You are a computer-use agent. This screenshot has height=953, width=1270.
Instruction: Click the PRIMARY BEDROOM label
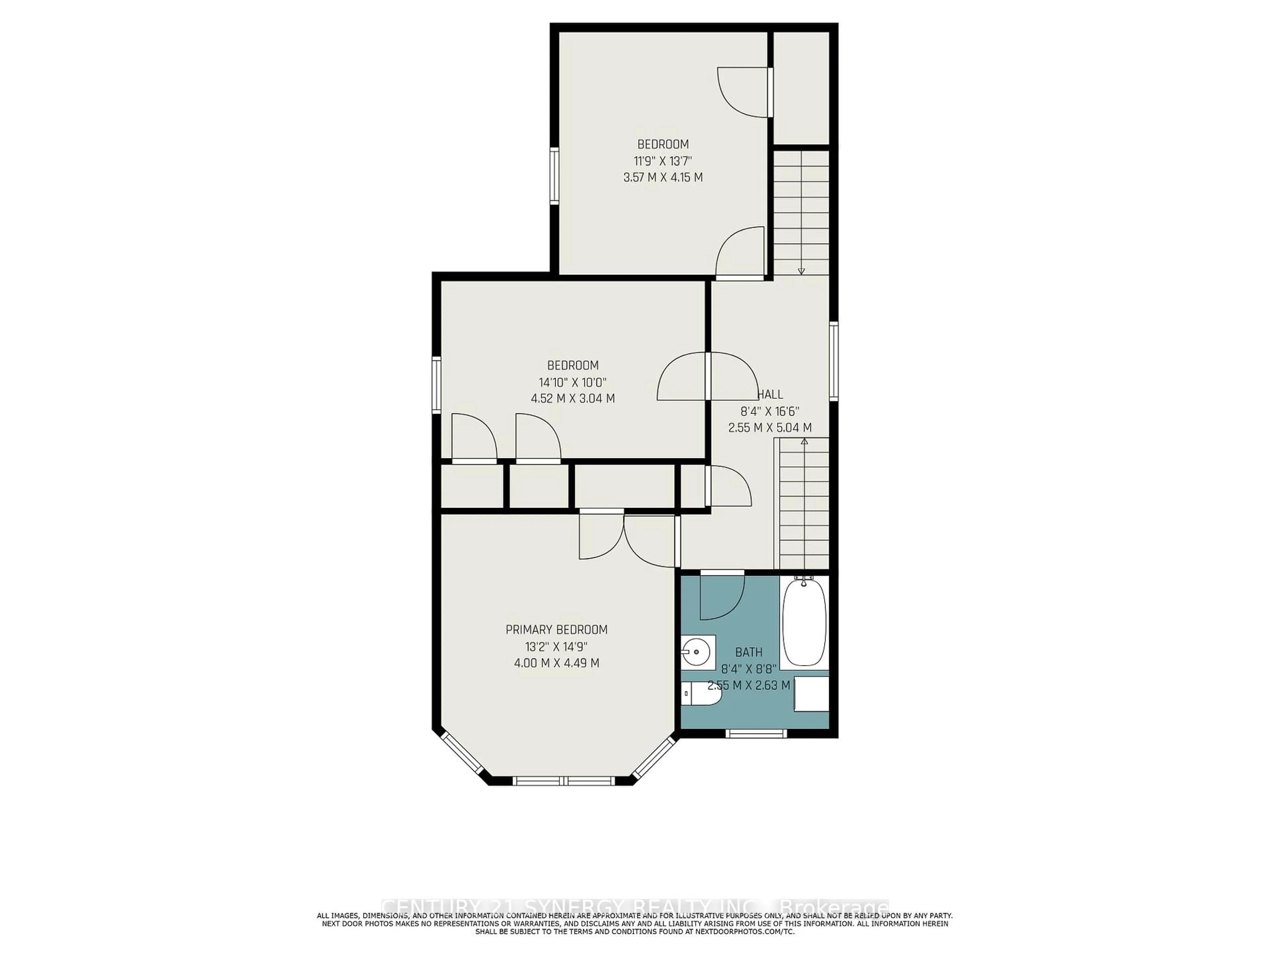(556, 630)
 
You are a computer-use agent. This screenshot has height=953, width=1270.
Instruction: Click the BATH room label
(749, 652)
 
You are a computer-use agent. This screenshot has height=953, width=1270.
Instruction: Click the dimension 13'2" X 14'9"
(556, 646)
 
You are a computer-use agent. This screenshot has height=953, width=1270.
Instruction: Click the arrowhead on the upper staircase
(801, 271)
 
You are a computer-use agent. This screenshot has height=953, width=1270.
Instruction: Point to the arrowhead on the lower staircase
(804, 441)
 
